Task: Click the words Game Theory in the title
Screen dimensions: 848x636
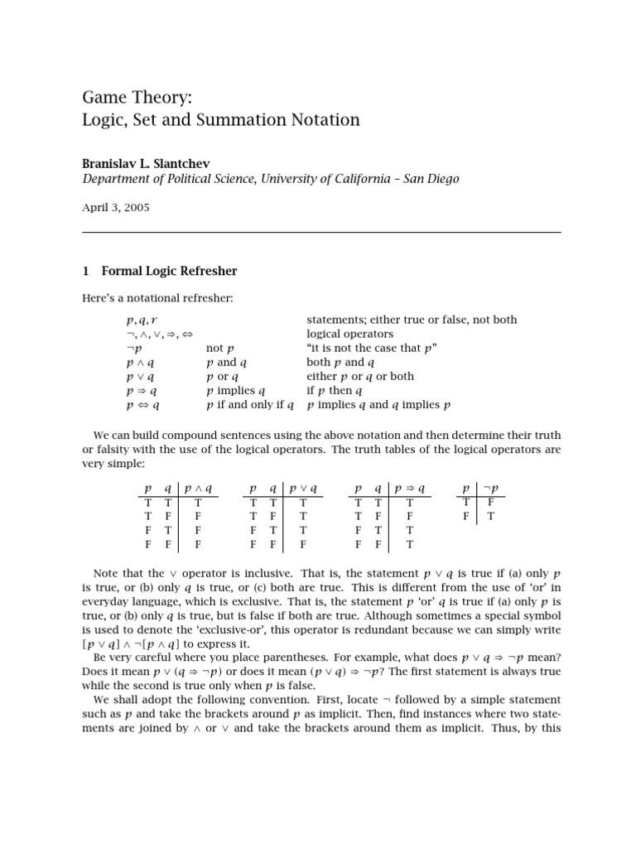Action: coord(137,97)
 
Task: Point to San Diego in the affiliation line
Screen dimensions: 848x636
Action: coord(426,179)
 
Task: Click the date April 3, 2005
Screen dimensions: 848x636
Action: coord(115,208)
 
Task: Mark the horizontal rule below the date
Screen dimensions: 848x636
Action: coord(321,232)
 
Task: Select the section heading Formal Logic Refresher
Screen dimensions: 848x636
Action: coord(169,271)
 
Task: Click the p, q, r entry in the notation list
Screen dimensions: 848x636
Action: coord(142,320)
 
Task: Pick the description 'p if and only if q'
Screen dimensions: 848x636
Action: coord(250,405)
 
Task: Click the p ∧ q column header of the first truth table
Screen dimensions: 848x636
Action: coord(198,489)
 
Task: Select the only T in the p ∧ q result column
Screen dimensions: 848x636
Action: coord(198,502)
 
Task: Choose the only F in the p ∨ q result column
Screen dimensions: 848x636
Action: coord(302,544)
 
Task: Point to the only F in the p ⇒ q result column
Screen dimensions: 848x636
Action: coord(409,516)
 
